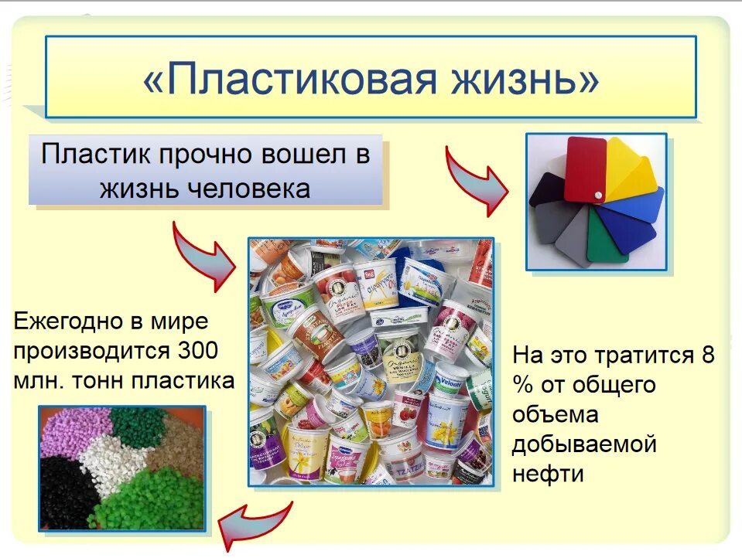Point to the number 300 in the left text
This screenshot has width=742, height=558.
(197, 350)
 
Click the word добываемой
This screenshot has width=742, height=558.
(584, 444)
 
